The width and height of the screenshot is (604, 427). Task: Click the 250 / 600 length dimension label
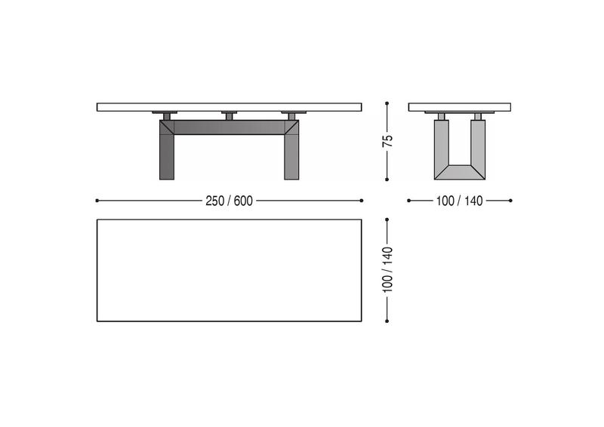230,201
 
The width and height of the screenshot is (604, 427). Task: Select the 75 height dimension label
387,141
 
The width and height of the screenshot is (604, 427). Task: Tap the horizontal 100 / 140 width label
459,201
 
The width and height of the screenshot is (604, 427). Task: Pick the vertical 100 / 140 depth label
387,269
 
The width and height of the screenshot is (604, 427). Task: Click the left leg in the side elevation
167,150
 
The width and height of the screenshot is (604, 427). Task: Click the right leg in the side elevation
291,150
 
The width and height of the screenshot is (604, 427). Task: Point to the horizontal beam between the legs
230,127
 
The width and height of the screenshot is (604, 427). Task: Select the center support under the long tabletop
230,115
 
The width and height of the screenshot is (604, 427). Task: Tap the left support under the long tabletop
165,115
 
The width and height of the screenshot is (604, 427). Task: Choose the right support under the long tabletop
294,115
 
